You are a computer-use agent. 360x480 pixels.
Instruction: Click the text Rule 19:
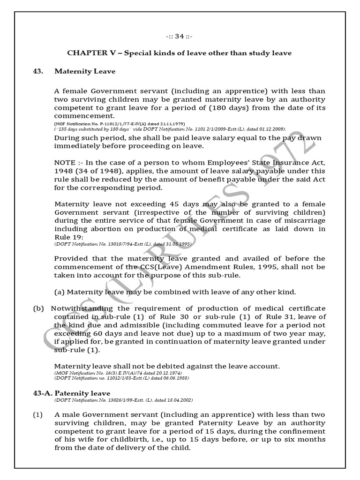click(66, 237)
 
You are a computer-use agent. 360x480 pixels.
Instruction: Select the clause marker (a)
click(60, 292)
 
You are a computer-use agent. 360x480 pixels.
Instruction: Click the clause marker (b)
click(38, 308)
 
